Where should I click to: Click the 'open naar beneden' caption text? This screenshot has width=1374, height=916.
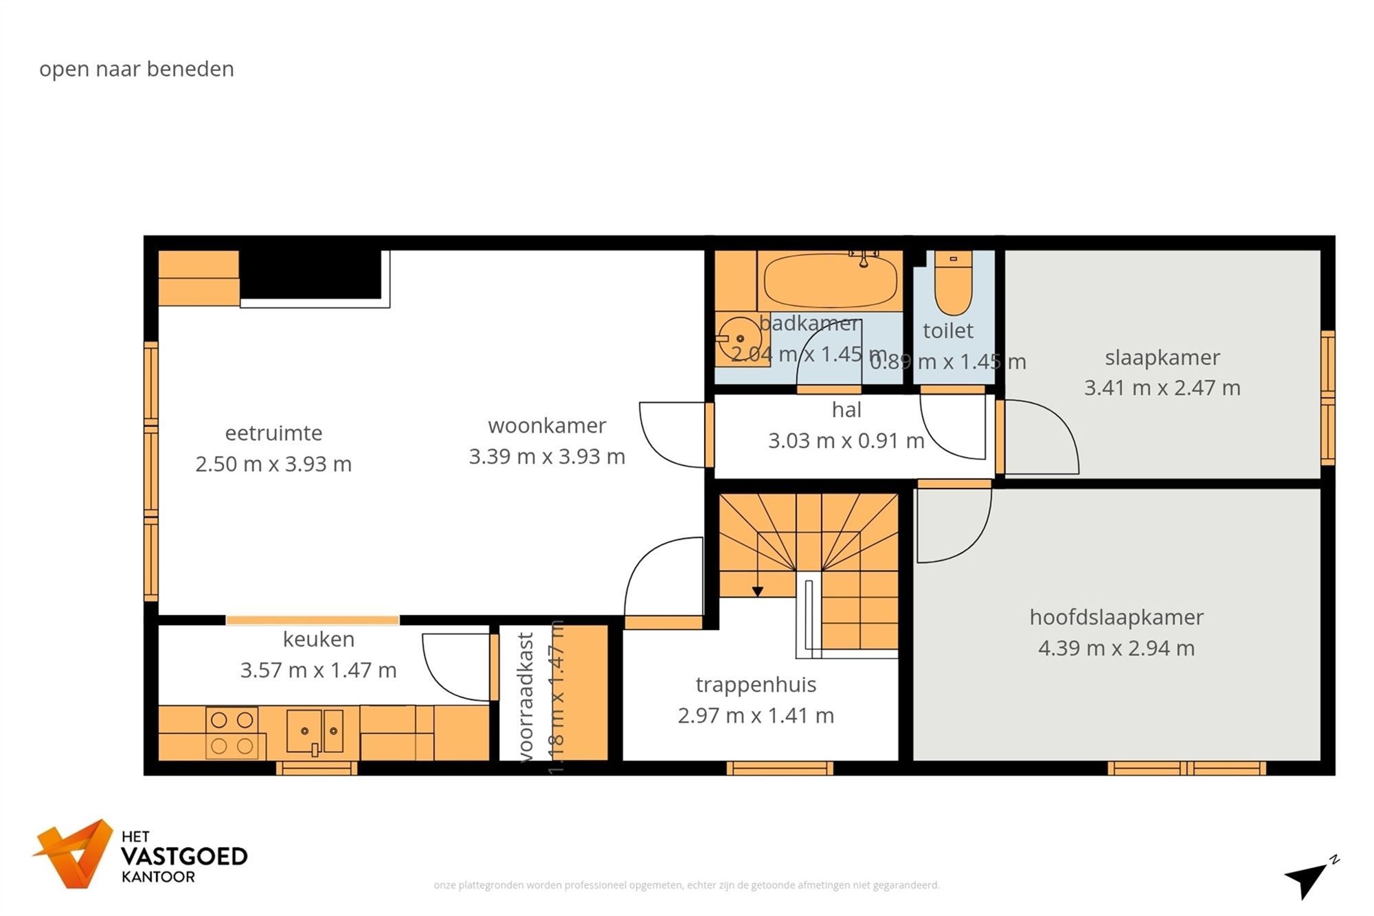click(137, 69)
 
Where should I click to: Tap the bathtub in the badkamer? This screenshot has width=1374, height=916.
click(830, 281)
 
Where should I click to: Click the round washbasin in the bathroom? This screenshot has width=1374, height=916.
click(739, 339)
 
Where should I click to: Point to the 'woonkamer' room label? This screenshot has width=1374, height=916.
click(547, 426)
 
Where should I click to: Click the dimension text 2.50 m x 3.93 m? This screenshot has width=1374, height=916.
click(273, 465)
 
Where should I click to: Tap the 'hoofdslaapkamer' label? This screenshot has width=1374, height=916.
click(1116, 617)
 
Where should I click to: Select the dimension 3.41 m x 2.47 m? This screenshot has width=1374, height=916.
click(1162, 388)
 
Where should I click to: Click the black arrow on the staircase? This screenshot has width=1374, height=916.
click(757, 591)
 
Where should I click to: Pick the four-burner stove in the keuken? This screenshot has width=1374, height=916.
click(232, 733)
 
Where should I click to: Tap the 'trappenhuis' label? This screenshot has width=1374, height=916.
click(756, 684)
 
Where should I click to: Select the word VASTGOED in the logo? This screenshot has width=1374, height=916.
click(184, 857)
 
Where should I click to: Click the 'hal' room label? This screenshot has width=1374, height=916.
click(846, 410)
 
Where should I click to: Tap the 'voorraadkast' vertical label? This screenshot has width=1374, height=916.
click(526, 697)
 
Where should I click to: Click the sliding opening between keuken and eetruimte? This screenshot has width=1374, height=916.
click(313, 621)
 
